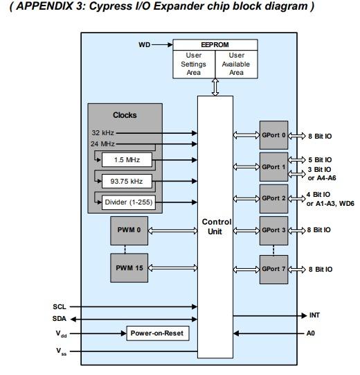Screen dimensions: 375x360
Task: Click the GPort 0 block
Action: [273, 136]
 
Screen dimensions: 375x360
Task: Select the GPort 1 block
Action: [273, 167]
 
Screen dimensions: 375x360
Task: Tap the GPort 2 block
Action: [273, 198]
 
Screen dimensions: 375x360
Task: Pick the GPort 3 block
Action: [273, 229]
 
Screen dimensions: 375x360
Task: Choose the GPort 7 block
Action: [273, 269]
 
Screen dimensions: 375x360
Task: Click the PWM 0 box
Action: [129, 229]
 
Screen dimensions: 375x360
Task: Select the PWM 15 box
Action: [129, 268]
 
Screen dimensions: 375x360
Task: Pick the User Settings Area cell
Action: [193, 64]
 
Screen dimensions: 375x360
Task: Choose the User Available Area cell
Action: [236, 64]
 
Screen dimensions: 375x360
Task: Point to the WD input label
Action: [144, 44]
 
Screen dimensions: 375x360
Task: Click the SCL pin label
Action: [60, 306]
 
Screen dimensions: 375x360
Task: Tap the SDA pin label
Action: [60, 320]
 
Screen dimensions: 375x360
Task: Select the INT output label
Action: [314, 315]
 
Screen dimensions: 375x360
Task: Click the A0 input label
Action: [312, 333]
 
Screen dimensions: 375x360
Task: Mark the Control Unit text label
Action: [215, 227]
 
